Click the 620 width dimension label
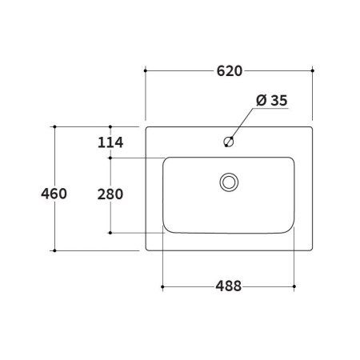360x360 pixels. click(x=229, y=71)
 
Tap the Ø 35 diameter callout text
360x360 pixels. click(x=271, y=100)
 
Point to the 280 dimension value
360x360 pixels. click(x=110, y=194)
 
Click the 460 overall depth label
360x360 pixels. click(x=54, y=194)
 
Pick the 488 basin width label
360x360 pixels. click(x=229, y=286)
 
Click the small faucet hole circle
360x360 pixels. click(x=229, y=142)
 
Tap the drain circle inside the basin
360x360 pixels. click(x=229, y=182)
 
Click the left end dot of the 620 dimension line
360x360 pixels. click(x=145, y=71)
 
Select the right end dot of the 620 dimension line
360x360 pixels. click(x=312, y=71)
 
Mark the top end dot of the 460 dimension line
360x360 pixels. click(x=54, y=126)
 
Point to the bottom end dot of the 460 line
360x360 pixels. click(x=54, y=250)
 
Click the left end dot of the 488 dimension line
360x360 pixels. click(x=163, y=286)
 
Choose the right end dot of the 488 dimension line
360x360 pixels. click(x=295, y=286)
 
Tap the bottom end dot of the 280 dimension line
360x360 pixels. click(x=110, y=234)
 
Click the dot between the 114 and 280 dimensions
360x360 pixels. click(x=110, y=158)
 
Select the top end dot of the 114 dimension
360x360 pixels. click(x=110, y=126)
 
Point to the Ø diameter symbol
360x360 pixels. click(x=261, y=100)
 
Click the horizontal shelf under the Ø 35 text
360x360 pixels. click(x=271, y=111)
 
